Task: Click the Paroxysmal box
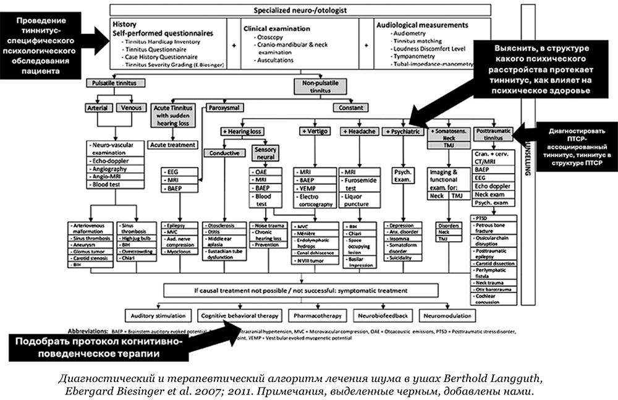coord(226,108)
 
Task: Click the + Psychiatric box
coord(403,132)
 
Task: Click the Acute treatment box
coord(174,145)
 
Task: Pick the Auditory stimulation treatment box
coord(158,315)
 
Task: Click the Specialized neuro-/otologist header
coord(300,11)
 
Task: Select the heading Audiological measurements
coord(422,25)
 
